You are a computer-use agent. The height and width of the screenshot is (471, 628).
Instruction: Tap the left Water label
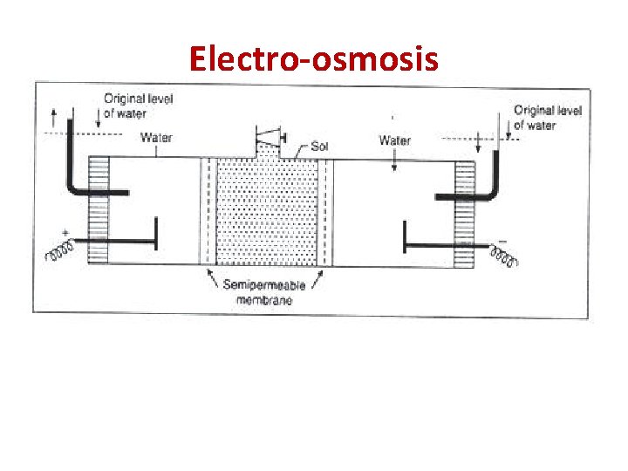pyautogui.click(x=156, y=137)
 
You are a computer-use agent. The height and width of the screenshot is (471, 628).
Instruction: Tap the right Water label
pyautogui.click(x=395, y=140)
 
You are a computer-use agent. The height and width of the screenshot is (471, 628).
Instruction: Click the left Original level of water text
pyautogui.click(x=138, y=106)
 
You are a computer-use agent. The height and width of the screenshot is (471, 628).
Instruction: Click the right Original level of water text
pyautogui.click(x=547, y=117)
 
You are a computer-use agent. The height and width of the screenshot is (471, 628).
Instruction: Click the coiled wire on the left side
pyautogui.click(x=58, y=253)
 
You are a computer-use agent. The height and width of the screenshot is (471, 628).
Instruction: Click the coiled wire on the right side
pyautogui.click(x=504, y=255)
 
